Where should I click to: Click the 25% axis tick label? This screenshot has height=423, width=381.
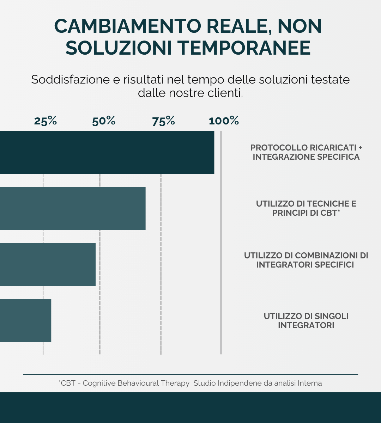(46, 121)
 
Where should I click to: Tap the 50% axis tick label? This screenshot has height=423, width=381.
(104, 121)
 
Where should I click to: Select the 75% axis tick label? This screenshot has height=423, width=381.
(164, 121)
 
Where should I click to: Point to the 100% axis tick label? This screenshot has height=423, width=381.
(224, 121)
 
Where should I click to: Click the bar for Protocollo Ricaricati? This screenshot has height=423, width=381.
(106, 152)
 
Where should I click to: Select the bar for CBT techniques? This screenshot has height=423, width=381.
(72, 208)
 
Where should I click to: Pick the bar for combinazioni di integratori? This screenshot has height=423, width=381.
(48, 264)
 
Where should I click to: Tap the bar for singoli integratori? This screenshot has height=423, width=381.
(25, 320)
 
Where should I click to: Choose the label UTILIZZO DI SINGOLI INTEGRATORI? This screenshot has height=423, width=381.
(306, 320)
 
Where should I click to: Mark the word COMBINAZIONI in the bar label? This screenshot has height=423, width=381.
(325, 255)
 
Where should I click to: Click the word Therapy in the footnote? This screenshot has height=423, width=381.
(175, 383)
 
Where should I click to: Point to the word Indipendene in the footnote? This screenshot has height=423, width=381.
(240, 383)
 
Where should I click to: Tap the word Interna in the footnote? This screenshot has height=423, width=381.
(310, 383)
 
